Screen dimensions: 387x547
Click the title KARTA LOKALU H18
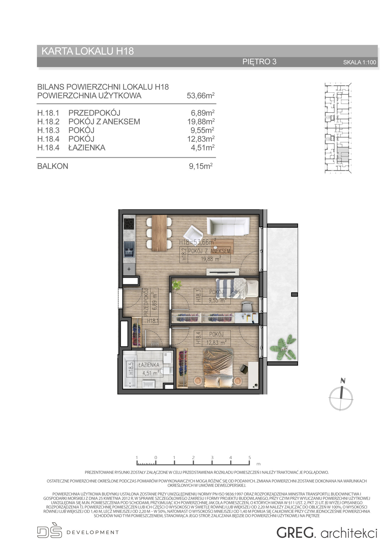88,51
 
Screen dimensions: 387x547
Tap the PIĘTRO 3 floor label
259,62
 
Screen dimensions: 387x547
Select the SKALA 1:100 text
360,62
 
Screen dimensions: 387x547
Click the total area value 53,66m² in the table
200,96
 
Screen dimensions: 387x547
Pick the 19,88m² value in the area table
201,122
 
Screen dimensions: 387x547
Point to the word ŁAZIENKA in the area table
87,148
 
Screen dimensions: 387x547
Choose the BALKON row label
53,166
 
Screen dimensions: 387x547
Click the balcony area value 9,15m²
201,166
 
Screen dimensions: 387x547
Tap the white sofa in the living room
228,226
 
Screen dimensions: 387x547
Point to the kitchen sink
129,249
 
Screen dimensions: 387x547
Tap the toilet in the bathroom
167,371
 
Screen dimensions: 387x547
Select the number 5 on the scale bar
249,457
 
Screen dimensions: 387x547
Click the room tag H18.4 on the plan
199,338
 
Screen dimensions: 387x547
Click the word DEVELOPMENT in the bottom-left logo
93,533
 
